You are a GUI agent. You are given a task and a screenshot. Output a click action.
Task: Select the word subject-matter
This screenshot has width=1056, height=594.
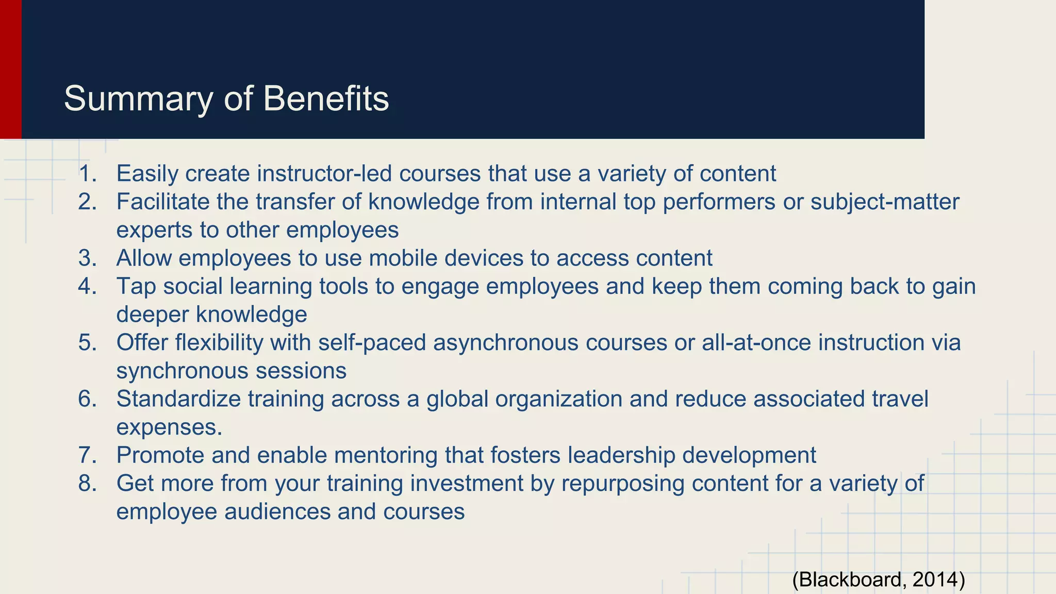click(x=885, y=202)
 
